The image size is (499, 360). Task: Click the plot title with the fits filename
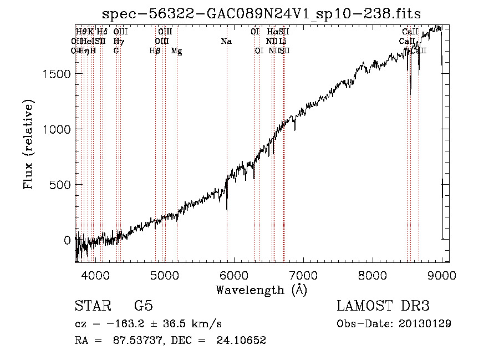point(262,15)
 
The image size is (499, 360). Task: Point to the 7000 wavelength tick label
point(303,276)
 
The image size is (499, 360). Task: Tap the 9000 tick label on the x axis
point(442,276)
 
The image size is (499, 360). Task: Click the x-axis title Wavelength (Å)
point(261,290)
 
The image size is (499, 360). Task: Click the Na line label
point(226,42)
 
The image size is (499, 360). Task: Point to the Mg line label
point(176,51)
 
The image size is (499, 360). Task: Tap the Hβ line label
point(155,51)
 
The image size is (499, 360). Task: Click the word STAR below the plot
point(91,306)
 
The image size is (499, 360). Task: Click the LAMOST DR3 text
point(383,306)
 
